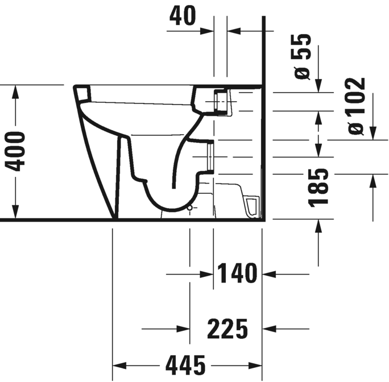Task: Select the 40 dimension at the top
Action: (183, 16)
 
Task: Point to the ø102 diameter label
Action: (357, 106)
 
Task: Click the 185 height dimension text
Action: (321, 187)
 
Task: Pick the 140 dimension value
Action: (237, 274)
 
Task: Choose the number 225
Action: (227, 328)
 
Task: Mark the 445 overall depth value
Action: (187, 362)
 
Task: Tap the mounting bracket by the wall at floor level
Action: (251, 205)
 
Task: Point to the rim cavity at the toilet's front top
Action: (84, 93)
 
